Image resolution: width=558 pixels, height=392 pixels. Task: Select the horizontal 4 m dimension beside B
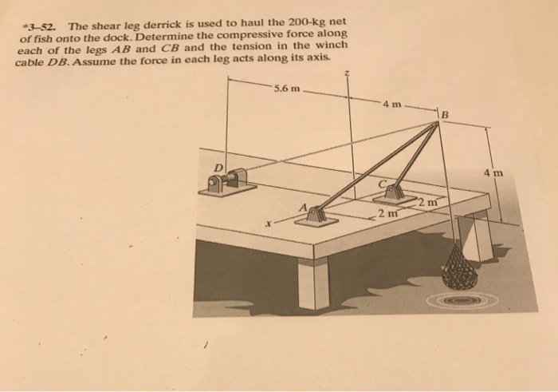click(x=393, y=104)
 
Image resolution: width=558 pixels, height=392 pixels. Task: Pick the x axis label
click(x=270, y=226)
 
